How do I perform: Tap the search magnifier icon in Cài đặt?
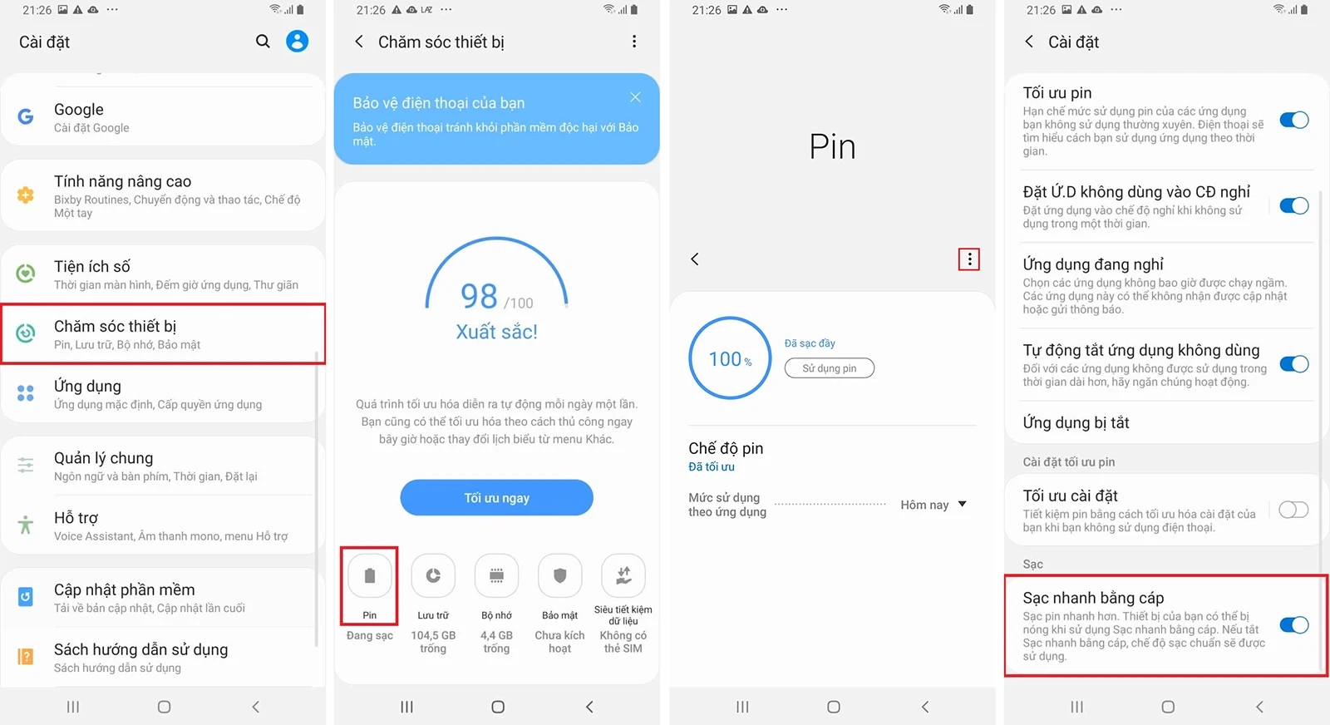point(263,41)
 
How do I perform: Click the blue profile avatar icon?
point(297,41)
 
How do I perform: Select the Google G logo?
point(26,116)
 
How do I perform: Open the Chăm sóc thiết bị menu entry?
point(162,333)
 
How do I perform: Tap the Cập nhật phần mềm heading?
point(125,589)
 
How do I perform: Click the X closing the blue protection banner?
point(635,97)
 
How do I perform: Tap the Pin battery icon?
point(370,575)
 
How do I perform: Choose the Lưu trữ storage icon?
point(433,575)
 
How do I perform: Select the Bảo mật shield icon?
point(559,575)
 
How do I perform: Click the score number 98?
point(479,296)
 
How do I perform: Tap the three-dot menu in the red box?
point(968,259)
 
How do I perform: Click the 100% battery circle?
point(730,358)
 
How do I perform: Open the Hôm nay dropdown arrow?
point(963,504)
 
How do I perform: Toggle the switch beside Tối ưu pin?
point(1293,120)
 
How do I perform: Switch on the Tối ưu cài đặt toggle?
point(1293,510)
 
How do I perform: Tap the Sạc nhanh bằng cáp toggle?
point(1293,625)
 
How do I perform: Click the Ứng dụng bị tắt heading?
point(1076,422)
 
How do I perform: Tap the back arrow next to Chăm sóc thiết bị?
point(359,42)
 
